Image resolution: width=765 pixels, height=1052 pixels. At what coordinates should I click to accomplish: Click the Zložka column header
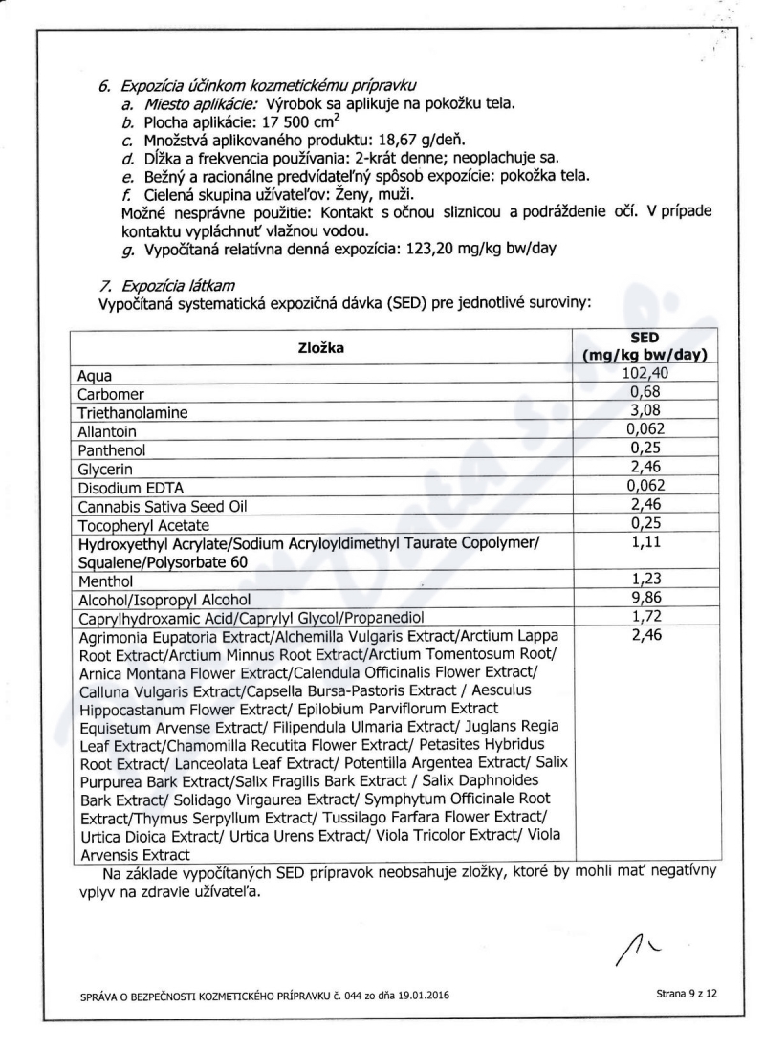pos(321,348)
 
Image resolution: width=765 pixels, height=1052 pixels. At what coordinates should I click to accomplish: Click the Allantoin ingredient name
pos(106,431)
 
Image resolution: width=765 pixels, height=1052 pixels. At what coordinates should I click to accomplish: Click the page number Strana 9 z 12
pos(687,995)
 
